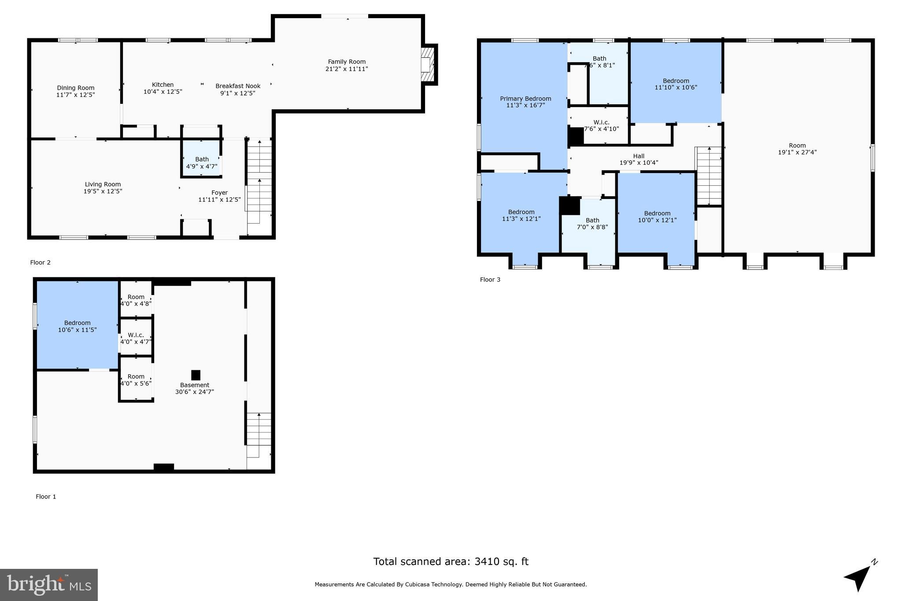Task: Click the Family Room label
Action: (x=347, y=62)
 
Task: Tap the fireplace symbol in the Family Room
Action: (x=427, y=65)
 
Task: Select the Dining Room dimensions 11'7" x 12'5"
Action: (x=75, y=95)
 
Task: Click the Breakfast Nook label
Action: (x=238, y=86)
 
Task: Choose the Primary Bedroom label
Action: (x=525, y=99)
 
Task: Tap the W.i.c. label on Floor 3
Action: (x=601, y=122)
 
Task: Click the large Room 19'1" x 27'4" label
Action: (x=797, y=149)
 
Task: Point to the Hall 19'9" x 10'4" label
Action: (x=639, y=159)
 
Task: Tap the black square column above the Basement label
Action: (x=196, y=375)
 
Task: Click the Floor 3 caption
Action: (x=490, y=280)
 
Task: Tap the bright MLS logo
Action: (x=48, y=585)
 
